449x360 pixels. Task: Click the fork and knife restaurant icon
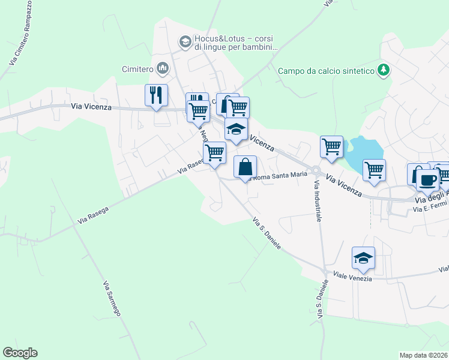point(156,95)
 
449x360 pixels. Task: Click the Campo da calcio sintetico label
point(326,71)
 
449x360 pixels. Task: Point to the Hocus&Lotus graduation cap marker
point(185,41)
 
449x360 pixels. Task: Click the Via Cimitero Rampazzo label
point(20,33)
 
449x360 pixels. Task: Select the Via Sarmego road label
point(112,298)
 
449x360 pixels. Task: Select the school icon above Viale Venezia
point(363,257)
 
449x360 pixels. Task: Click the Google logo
point(20,353)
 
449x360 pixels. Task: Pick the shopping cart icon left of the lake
point(331,146)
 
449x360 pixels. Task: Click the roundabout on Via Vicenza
point(314,172)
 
